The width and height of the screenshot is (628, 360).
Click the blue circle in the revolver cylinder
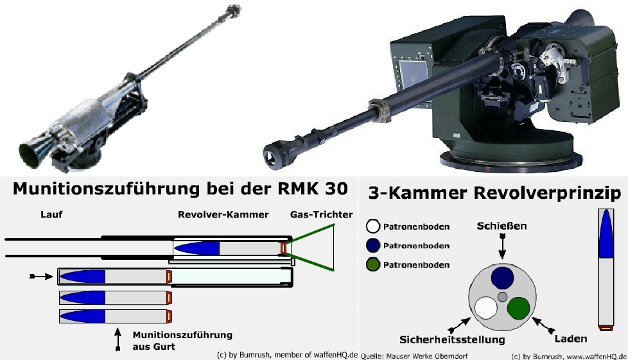click(502, 278)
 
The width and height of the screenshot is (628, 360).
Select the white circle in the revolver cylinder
click(486, 307)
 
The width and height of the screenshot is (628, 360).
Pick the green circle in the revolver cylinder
click(518, 307)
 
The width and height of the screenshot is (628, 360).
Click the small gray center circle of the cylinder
click(502, 296)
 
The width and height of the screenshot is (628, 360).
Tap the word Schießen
click(502, 227)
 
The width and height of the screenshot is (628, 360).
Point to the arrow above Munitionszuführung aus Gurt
click(118, 339)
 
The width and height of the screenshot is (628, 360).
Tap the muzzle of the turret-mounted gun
click(274, 155)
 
